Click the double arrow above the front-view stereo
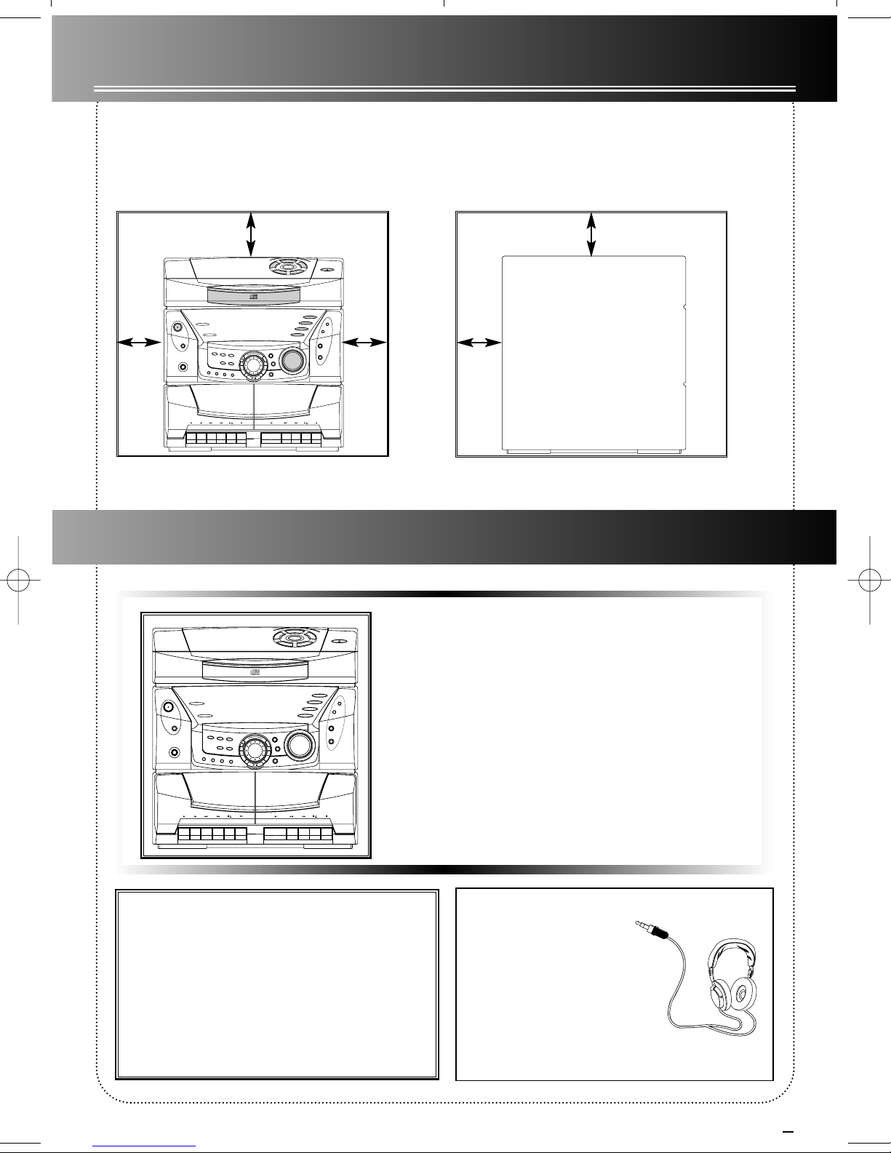point(250,233)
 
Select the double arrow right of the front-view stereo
point(366,341)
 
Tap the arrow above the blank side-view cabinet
point(591,233)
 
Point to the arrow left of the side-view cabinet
point(479,341)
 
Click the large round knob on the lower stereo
point(300,744)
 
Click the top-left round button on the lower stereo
point(168,706)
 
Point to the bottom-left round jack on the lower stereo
point(174,754)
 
